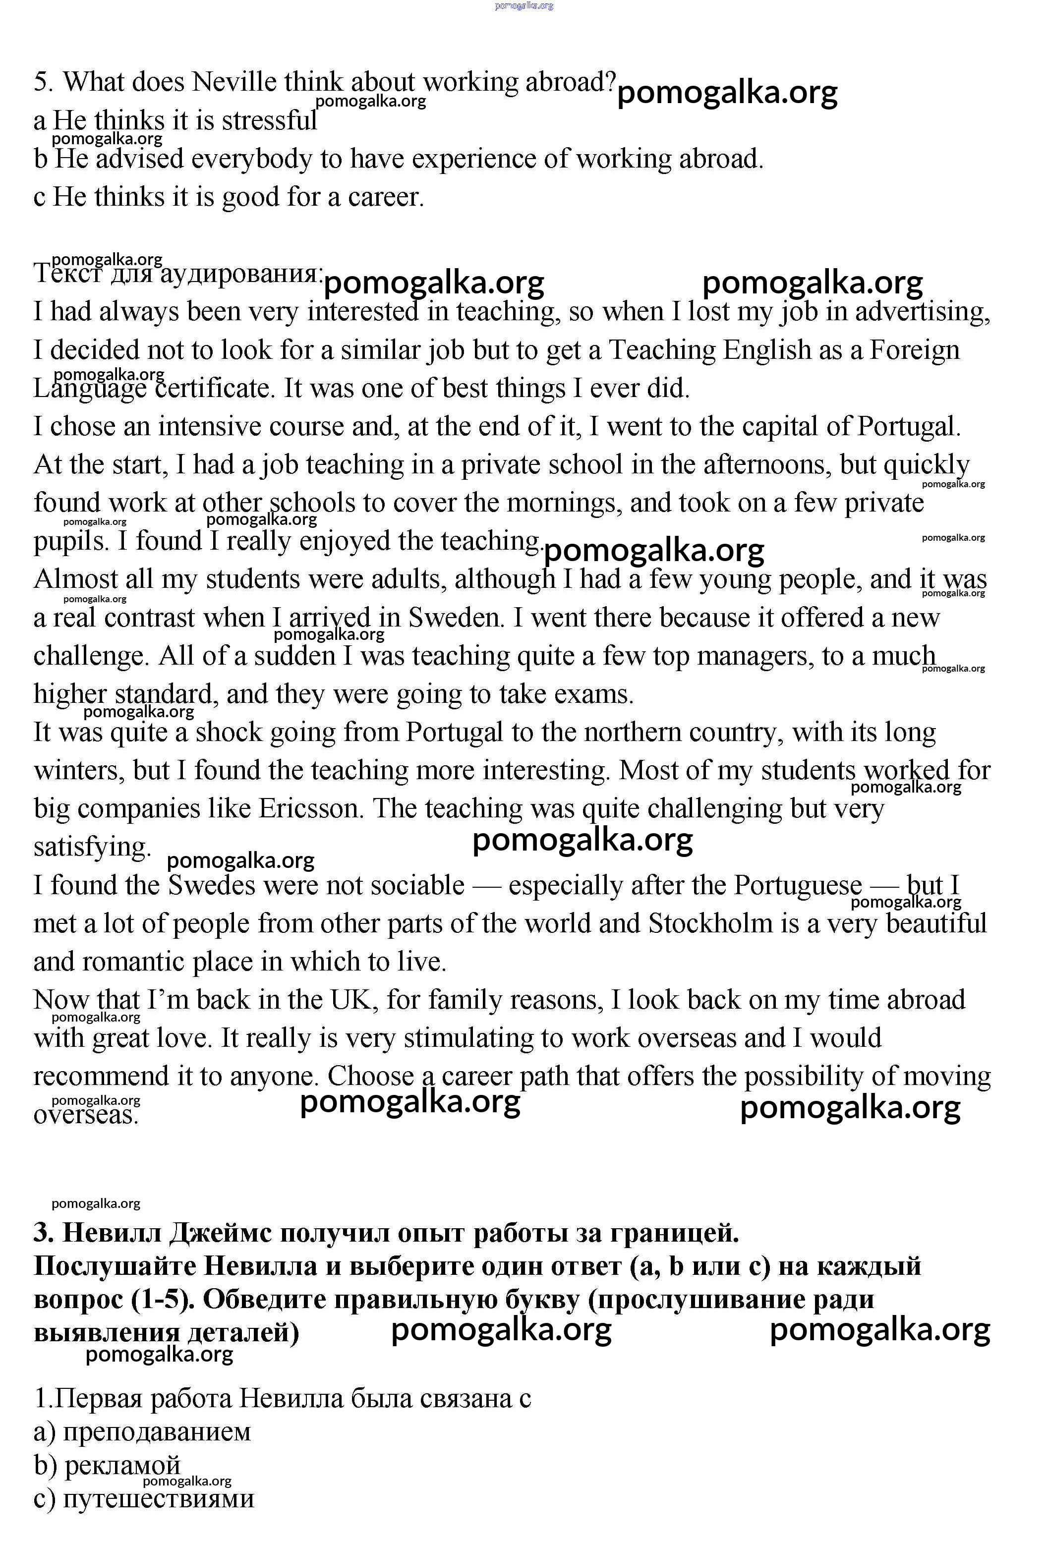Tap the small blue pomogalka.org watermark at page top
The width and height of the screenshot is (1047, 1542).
click(523, 5)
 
